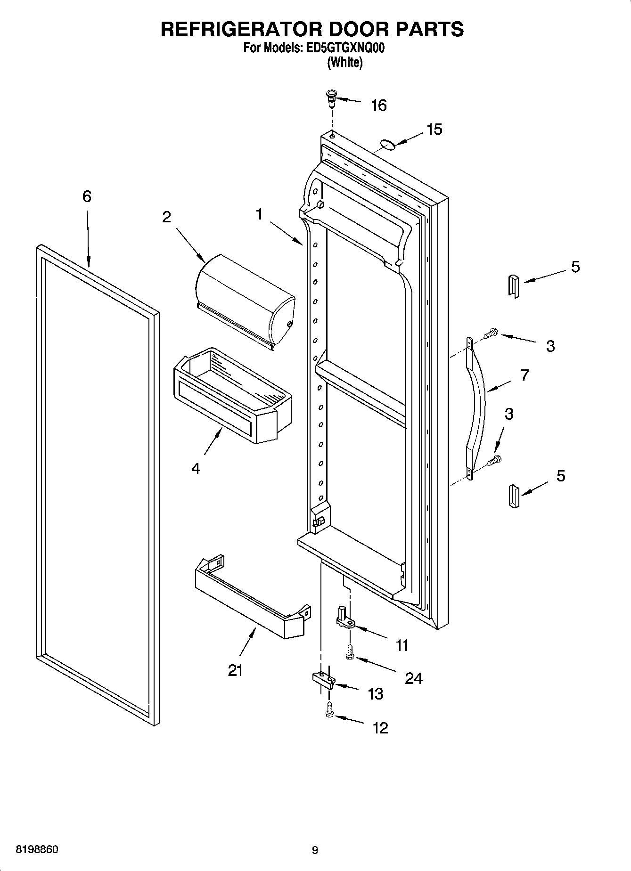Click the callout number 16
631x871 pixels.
click(378, 106)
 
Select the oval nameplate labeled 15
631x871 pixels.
click(388, 144)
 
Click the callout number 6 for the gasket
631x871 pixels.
click(87, 196)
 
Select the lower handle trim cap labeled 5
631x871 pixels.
click(513, 496)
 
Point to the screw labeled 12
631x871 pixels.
click(329, 711)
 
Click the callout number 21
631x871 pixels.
click(235, 670)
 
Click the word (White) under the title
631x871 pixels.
click(345, 62)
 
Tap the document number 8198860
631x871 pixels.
click(37, 849)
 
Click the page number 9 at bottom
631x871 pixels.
click(315, 850)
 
